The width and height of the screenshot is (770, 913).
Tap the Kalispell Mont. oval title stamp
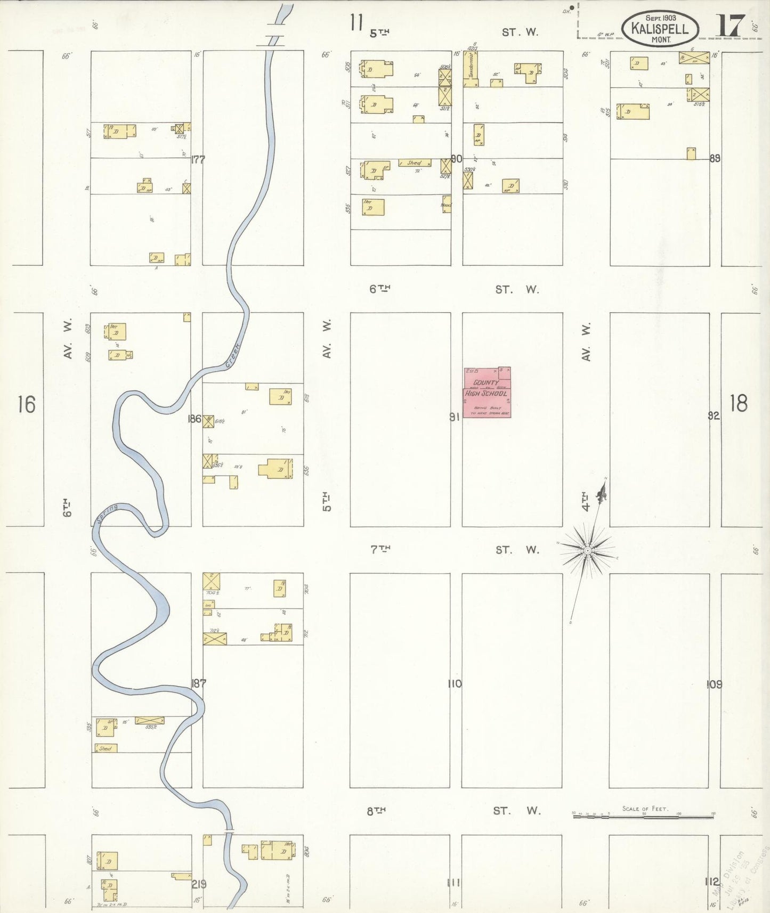click(659, 28)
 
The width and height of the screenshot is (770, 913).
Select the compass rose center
click(587, 550)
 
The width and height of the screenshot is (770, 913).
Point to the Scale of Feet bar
click(643, 815)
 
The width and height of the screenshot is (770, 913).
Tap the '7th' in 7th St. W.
click(380, 549)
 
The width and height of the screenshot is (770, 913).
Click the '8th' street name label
click(376, 811)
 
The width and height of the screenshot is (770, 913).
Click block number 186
click(194, 419)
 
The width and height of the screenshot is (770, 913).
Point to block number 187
click(198, 683)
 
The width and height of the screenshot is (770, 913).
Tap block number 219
click(199, 884)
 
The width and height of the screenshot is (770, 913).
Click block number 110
click(455, 683)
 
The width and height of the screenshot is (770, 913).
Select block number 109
click(715, 684)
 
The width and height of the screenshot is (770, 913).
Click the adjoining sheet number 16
click(26, 404)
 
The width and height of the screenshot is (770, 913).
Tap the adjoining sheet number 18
click(739, 403)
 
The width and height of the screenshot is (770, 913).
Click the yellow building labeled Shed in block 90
click(415, 162)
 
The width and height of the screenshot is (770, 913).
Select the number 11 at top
click(356, 23)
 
